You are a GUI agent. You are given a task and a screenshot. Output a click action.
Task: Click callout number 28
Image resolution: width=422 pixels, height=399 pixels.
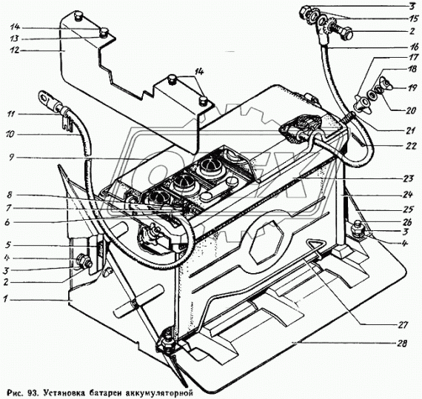(402, 343)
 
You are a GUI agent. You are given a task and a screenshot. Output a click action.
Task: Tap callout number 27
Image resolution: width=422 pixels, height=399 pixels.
(403, 325)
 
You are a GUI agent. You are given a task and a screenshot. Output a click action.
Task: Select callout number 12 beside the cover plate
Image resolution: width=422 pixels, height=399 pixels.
(15, 50)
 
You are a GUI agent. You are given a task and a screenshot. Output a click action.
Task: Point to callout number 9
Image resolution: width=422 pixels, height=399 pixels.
(11, 158)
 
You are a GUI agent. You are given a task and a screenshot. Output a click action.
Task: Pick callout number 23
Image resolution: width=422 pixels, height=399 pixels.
(408, 178)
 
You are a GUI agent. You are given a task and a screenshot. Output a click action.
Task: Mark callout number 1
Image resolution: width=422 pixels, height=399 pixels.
(5, 298)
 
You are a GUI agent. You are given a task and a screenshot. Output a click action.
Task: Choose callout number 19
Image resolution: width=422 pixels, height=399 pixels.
(412, 87)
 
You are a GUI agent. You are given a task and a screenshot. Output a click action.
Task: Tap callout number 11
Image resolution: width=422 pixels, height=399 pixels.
(10, 114)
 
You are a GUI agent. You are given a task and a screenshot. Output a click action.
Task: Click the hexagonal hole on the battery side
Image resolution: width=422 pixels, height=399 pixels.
(267, 243)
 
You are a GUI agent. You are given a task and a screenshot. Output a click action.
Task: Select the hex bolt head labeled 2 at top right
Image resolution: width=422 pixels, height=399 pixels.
(346, 33)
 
